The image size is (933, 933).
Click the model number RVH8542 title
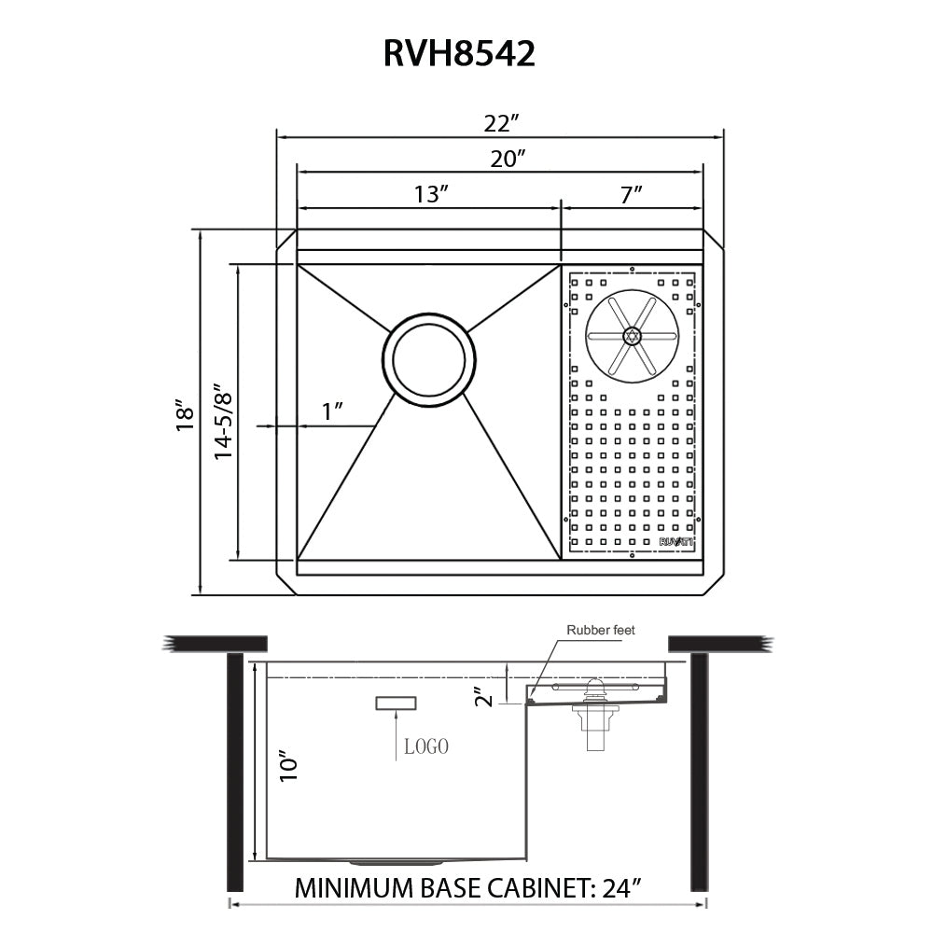pyautogui.click(x=459, y=53)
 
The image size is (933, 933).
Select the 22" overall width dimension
pyautogui.click(x=501, y=123)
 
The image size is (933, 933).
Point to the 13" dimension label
pyautogui.click(x=432, y=194)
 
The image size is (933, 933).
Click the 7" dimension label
pyautogui.click(x=633, y=194)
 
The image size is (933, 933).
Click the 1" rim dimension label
pyautogui.click(x=333, y=411)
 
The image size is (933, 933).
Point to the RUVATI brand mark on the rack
pyautogui.click(x=676, y=541)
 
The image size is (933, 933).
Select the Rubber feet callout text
pyautogui.click(x=601, y=631)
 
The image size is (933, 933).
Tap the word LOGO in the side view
pyautogui.click(x=426, y=746)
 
